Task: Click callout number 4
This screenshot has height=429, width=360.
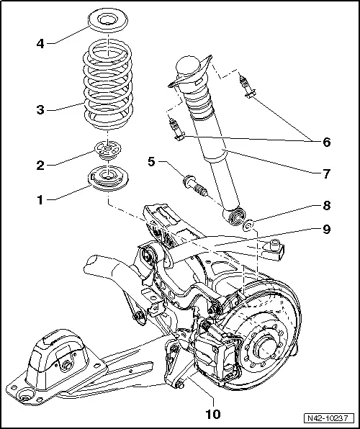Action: point(41,43)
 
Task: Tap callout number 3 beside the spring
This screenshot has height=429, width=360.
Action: point(41,110)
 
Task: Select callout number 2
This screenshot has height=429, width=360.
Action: point(41,164)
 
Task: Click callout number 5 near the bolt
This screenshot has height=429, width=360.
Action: point(150,162)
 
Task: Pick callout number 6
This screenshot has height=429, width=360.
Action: point(326,142)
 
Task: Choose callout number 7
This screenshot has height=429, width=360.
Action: point(326,173)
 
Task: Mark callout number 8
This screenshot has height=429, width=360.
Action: point(326,205)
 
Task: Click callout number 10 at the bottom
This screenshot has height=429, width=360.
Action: point(212,414)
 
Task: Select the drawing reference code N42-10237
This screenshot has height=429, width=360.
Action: point(329,417)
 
